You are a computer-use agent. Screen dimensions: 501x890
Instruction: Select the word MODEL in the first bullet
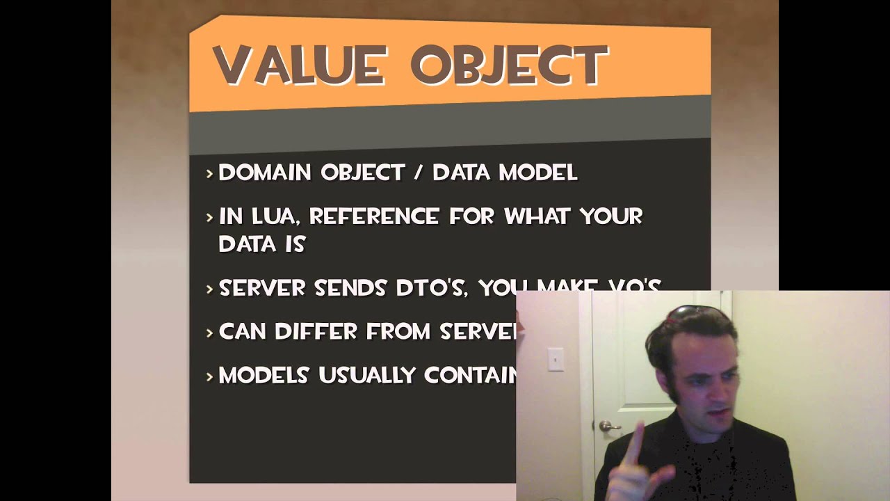click(x=540, y=173)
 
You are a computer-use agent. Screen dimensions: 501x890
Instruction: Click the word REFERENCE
click(x=374, y=216)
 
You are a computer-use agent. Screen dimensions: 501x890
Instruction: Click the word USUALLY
click(x=366, y=375)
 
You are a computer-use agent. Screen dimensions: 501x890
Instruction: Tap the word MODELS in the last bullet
click(x=264, y=375)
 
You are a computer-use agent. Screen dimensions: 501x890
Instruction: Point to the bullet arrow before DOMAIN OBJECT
click(x=209, y=173)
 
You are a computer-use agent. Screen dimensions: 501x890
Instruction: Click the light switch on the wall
click(x=555, y=359)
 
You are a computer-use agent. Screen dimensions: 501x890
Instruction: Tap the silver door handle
click(x=609, y=426)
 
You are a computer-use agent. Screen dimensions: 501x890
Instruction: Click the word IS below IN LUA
click(x=295, y=244)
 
